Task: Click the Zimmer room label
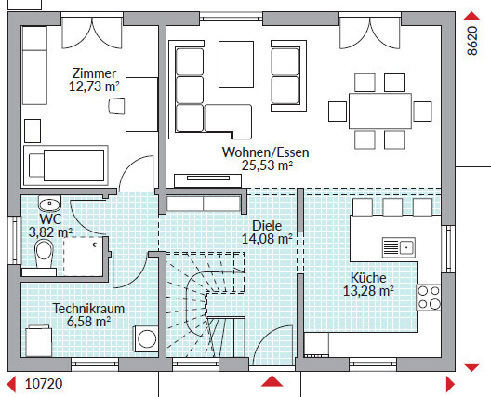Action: pos(94,73)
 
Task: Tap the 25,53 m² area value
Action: pos(267,165)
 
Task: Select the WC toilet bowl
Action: pos(44,253)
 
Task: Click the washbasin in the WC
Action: pos(49,204)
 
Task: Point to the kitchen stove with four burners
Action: pos(429,298)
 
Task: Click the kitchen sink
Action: pos(399,247)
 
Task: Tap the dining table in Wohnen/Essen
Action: pos(380,111)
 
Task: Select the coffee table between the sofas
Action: pos(236,64)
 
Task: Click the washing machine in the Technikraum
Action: pos(146,338)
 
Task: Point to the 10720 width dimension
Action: pos(44,384)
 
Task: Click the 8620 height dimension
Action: pos(472,41)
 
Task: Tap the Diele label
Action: pos(267,225)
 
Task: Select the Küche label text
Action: pos(368,278)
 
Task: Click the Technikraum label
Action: pos(88,309)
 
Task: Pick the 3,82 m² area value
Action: pos(50,232)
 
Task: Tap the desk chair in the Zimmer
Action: pos(116,106)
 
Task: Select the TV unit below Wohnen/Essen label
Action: pos(208,180)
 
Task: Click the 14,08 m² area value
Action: pos(267,239)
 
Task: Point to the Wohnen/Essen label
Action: pos(266,152)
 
